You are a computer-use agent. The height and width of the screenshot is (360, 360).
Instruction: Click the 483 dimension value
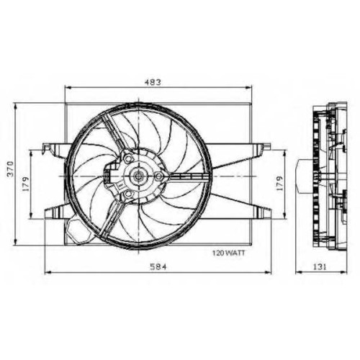[153, 82]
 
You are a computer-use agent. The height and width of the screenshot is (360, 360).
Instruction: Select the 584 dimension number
[158, 266]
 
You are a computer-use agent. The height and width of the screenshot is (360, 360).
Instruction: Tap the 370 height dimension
[10, 169]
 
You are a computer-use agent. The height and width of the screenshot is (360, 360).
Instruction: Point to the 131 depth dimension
[320, 266]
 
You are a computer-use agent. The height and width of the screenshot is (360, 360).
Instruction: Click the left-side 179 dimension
[26, 184]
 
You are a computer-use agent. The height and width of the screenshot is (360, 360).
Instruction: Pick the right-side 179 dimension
[279, 184]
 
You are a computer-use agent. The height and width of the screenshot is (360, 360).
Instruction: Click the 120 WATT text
[228, 253]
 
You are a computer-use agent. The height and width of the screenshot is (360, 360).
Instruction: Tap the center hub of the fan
[138, 176]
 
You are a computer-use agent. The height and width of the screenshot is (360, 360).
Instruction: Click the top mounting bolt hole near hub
[129, 158]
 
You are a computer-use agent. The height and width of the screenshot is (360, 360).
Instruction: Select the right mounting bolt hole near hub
[158, 176]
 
